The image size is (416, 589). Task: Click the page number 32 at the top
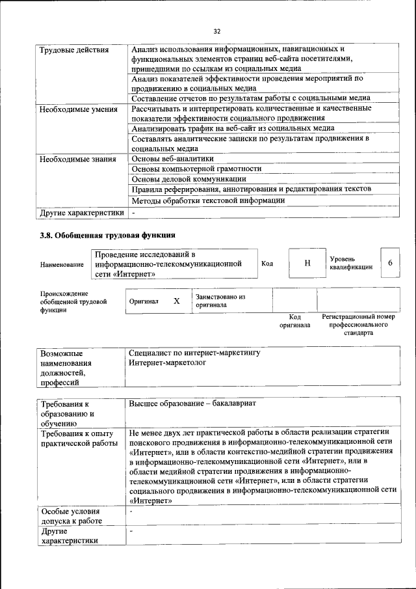tap(217, 31)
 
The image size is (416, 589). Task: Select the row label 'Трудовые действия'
tap(73, 50)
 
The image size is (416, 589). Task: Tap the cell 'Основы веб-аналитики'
tap(172, 159)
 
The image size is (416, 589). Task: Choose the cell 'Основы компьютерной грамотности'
tap(196, 169)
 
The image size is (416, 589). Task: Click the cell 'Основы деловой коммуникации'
tap(188, 178)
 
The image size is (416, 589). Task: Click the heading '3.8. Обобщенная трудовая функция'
tap(107, 235)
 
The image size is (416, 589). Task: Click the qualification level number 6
tap(390, 262)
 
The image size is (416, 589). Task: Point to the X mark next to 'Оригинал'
tap(176, 301)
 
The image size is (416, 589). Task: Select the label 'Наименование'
tap(62, 265)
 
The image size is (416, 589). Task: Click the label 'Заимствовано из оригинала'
tap(220, 301)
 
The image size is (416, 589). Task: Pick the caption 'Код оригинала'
tap(294, 321)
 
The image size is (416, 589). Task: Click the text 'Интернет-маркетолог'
tap(167, 363)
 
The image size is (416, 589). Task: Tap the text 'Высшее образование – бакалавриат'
tap(192, 404)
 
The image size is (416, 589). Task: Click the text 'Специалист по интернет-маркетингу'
tap(194, 353)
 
